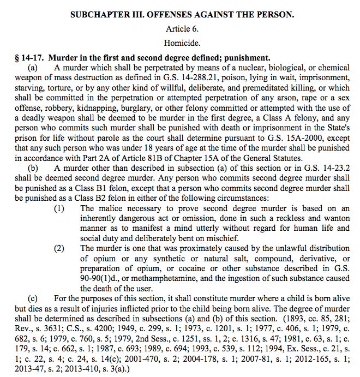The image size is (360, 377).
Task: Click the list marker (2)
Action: point(61,248)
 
